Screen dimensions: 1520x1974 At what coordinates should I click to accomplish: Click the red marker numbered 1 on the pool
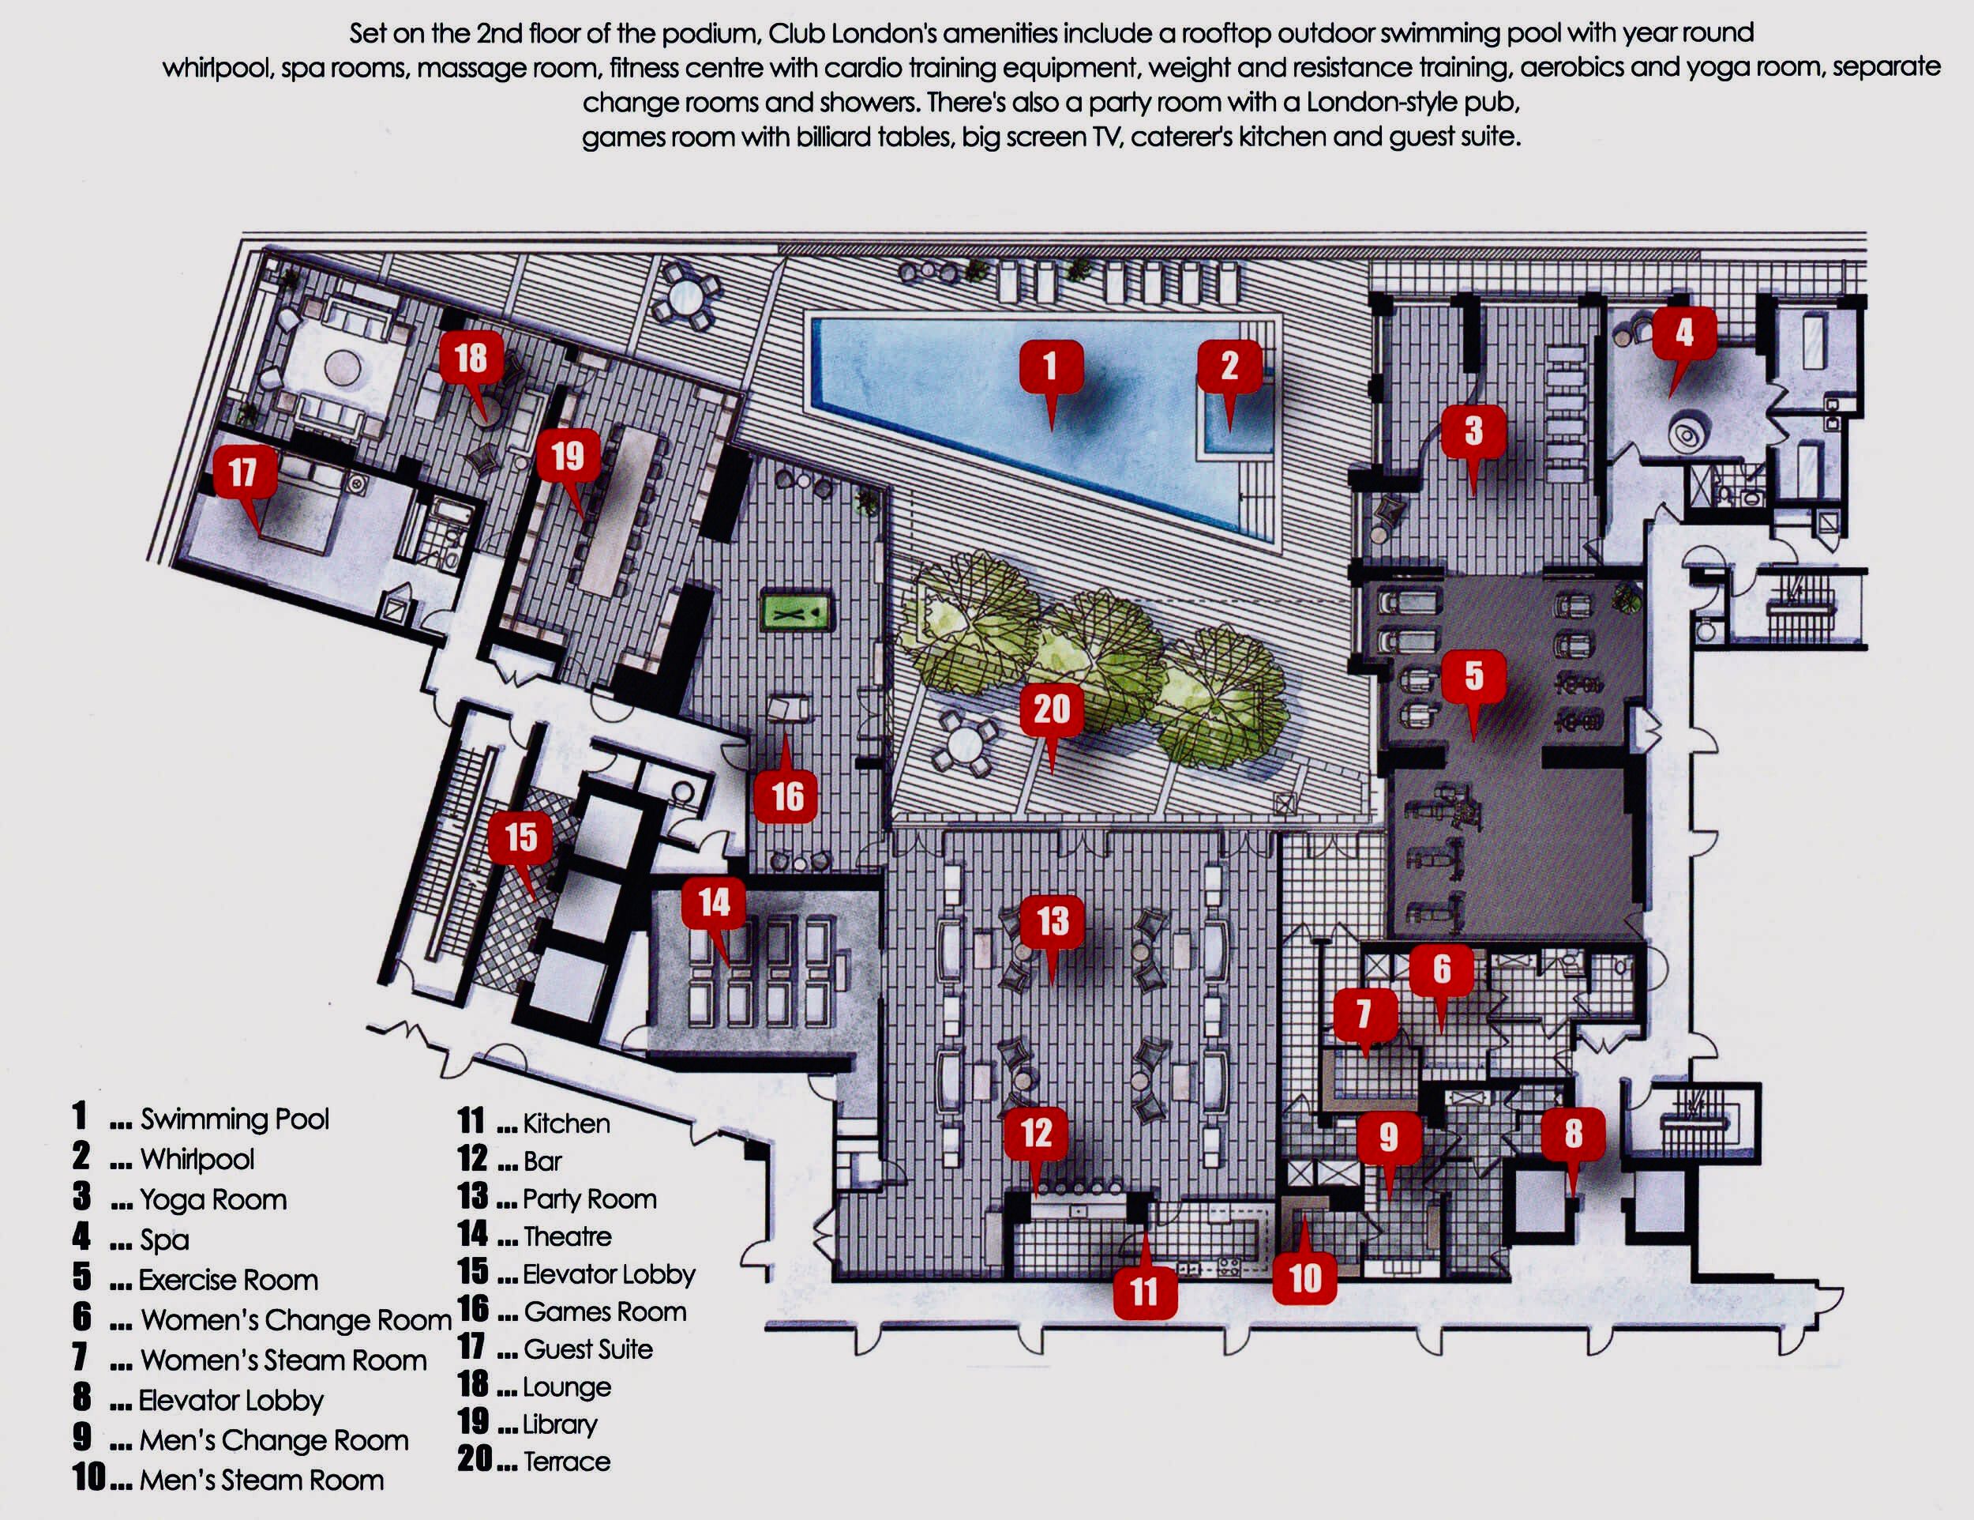coord(1050,367)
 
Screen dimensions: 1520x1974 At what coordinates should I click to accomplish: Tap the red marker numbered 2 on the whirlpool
coord(1229,367)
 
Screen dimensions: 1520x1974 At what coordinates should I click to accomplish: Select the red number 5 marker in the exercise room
coord(1473,675)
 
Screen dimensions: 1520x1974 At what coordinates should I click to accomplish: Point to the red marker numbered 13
coord(1052,922)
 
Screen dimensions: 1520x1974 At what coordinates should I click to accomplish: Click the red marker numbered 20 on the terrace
coord(1051,709)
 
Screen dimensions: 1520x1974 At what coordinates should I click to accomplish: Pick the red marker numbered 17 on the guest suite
coord(242,472)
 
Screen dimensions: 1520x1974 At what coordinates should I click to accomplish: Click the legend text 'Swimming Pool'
coord(234,1119)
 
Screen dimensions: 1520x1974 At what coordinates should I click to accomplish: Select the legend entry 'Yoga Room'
coord(213,1200)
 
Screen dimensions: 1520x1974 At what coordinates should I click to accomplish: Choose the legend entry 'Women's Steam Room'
coord(283,1361)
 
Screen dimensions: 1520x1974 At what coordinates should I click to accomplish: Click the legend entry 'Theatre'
coord(567,1236)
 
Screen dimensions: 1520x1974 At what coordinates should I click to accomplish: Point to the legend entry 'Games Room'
coord(605,1311)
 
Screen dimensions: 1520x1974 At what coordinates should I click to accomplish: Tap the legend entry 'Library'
coord(560,1424)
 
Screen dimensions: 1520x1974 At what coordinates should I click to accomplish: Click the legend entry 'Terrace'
coord(567,1462)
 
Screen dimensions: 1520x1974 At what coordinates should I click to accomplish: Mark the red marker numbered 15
coord(520,837)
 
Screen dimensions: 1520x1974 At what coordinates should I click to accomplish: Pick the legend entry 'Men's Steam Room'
coord(261,1480)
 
